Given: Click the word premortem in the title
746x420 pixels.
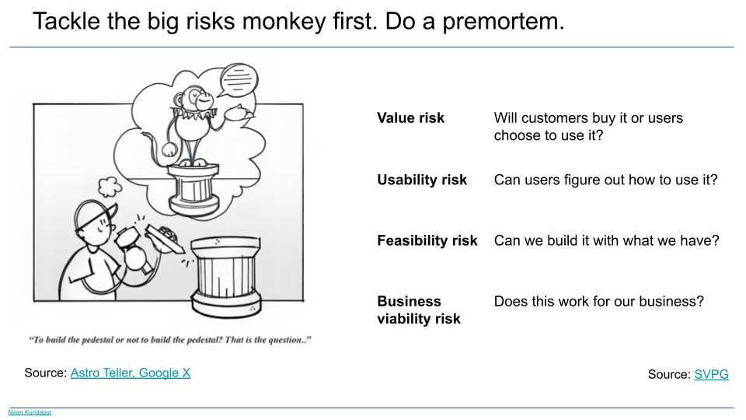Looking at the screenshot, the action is tap(504, 22).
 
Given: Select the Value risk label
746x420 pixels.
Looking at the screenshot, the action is tap(410, 118).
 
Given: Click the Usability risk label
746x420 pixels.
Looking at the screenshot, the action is tap(422, 180).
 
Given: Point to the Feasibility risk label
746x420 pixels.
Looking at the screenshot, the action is tap(427, 241).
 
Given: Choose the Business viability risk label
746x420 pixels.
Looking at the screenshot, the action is tap(419, 310).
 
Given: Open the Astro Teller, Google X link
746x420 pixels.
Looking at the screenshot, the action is tap(131, 373).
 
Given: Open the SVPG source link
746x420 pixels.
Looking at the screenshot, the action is tap(711, 374).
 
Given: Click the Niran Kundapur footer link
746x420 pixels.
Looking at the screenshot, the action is tap(30, 412).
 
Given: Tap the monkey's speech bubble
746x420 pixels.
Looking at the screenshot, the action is tap(239, 80).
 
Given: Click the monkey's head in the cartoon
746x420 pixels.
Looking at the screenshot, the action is tap(197, 99).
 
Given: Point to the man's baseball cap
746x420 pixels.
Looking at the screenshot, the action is tap(95, 214).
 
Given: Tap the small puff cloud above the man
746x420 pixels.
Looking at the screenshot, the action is tap(110, 187).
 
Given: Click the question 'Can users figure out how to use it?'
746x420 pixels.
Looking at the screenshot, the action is tap(605, 180).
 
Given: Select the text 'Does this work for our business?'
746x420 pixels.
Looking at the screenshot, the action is tap(598, 302).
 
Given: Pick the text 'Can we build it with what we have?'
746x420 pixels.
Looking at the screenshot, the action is tap(607, 241).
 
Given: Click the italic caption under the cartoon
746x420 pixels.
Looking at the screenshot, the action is tap(170, 340).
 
